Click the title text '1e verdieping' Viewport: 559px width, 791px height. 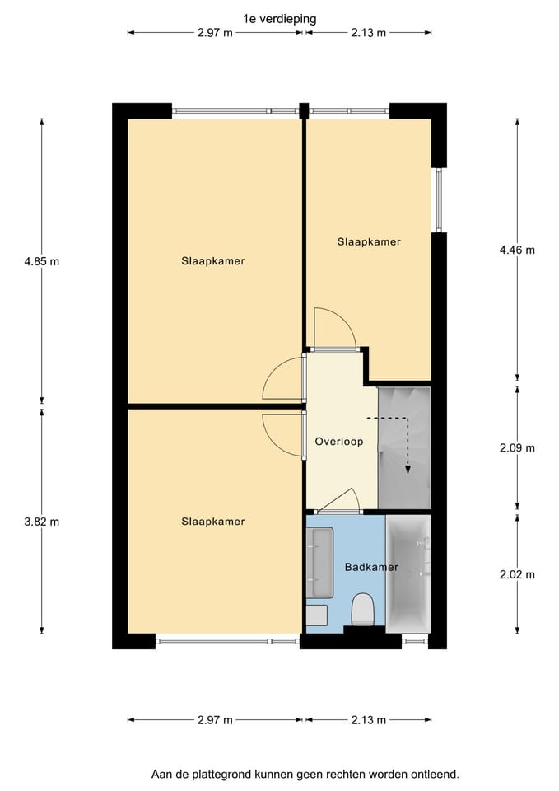pyautogui.click(x=280, y=17)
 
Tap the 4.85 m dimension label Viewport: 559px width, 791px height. pyautogui.click(x=42, y=261)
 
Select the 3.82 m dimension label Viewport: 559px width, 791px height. pyautogui.click(x=42, y=522)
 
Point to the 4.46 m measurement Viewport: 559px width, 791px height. pyautogui.click(x=518, y=250)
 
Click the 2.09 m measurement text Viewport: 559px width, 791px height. pyautogui.click(x=518, y=448)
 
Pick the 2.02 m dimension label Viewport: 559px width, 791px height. pyautogui.click(x=518, y=574)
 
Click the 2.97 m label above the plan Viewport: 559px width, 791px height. pyautogui.click(x=215, y=33)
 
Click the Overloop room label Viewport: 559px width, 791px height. pyautogui.click(x=339, y=442)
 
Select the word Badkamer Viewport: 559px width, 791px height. pyautogui.click(x=371, y=567)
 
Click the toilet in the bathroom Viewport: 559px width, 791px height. pyautogui.click(x=363, y=610)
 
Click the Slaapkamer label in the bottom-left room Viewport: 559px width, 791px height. pyautogui.click(x=213, y=522)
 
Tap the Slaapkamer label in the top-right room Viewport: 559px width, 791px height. pyautogui.click(x=369, y=241)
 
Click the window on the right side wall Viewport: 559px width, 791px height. pyautogui.click(x=439, y=200)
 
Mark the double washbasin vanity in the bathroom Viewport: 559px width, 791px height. pyautogui.click(x=320, y=564)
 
